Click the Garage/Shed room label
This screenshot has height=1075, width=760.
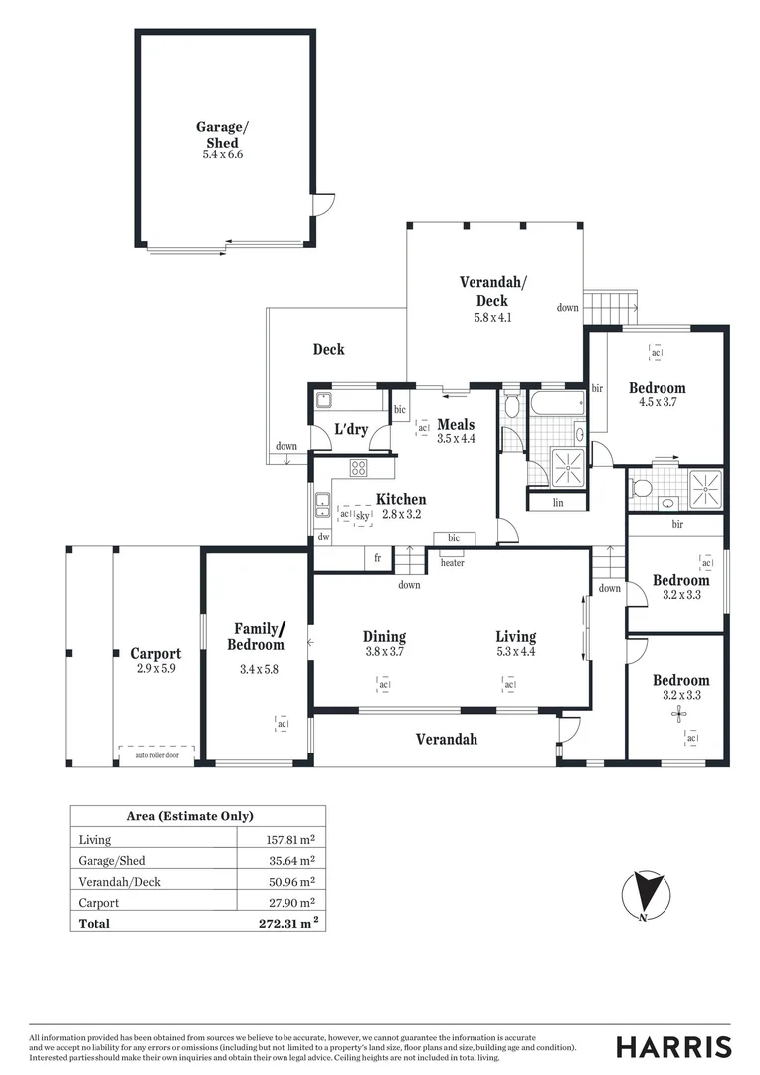(x=218, y=135)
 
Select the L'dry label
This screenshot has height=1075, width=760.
(x=351, y=430)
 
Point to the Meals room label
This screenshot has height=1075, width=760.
(x=456, y=425)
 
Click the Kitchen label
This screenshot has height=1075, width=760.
(x=401, y=500)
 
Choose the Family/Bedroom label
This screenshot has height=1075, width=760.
(x=259, y=637)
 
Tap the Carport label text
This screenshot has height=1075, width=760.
(x=156, y=654)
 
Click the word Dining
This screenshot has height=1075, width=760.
(x=384, y=637)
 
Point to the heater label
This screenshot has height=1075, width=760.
(x=452, y=563)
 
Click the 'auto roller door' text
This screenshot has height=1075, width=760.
(x=156, y=755)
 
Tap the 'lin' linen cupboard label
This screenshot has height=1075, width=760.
(x=558, y=503)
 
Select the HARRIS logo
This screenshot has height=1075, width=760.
(x=673, y=1046)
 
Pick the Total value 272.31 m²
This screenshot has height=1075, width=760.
(x=288, y=923)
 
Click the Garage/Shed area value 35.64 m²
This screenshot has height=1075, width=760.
(x=286, y=860)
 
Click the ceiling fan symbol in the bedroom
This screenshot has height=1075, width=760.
(x=680, y=713)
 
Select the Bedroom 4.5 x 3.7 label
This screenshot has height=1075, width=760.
(x=657, y=394)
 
